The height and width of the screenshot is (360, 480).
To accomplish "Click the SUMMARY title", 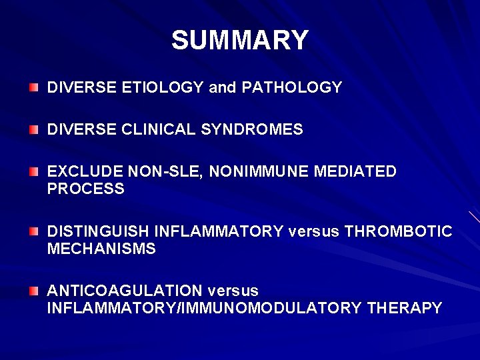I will click(x=240, y=40).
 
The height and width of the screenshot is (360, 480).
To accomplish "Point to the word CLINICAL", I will click(x=159, y=129).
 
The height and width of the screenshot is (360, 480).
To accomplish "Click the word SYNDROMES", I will click(x=252, y=129).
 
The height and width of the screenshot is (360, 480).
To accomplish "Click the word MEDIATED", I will click(x=355, y=172).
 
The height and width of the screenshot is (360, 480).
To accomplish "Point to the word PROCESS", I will click(x=85, y=189).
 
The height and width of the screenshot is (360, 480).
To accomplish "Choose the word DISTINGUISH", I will click(x=98, y=231).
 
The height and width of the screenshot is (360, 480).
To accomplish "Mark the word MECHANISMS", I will click(x=101, y=249).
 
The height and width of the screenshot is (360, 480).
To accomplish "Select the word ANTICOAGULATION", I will click(x=125, y=291).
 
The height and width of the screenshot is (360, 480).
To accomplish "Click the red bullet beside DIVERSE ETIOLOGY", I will click(x=34, y=87).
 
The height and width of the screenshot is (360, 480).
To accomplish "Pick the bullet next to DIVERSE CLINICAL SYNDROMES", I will click(x=34, y=129).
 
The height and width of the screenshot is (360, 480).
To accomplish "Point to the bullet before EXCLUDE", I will click(x=34, y=172).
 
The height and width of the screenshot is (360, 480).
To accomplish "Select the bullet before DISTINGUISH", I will click(x=34, y=231).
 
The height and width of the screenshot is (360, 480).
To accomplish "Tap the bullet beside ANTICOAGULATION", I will click(x=34, y=291).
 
